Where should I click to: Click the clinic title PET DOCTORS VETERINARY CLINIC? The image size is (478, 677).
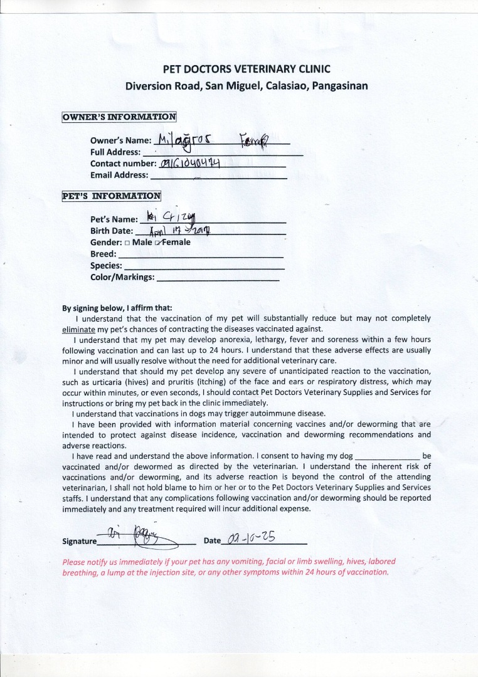247,69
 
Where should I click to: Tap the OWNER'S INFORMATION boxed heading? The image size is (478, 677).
119,117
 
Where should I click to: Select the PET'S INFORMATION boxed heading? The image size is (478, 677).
111,196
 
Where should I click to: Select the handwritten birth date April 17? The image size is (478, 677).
179,231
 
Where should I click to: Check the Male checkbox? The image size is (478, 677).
127,243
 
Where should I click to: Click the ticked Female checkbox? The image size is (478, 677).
159,243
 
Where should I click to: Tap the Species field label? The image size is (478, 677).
106,266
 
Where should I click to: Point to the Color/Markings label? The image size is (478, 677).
122,277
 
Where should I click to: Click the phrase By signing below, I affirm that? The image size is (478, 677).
117,308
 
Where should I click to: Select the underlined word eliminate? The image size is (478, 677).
78,329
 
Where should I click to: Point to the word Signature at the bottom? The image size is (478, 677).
80,542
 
